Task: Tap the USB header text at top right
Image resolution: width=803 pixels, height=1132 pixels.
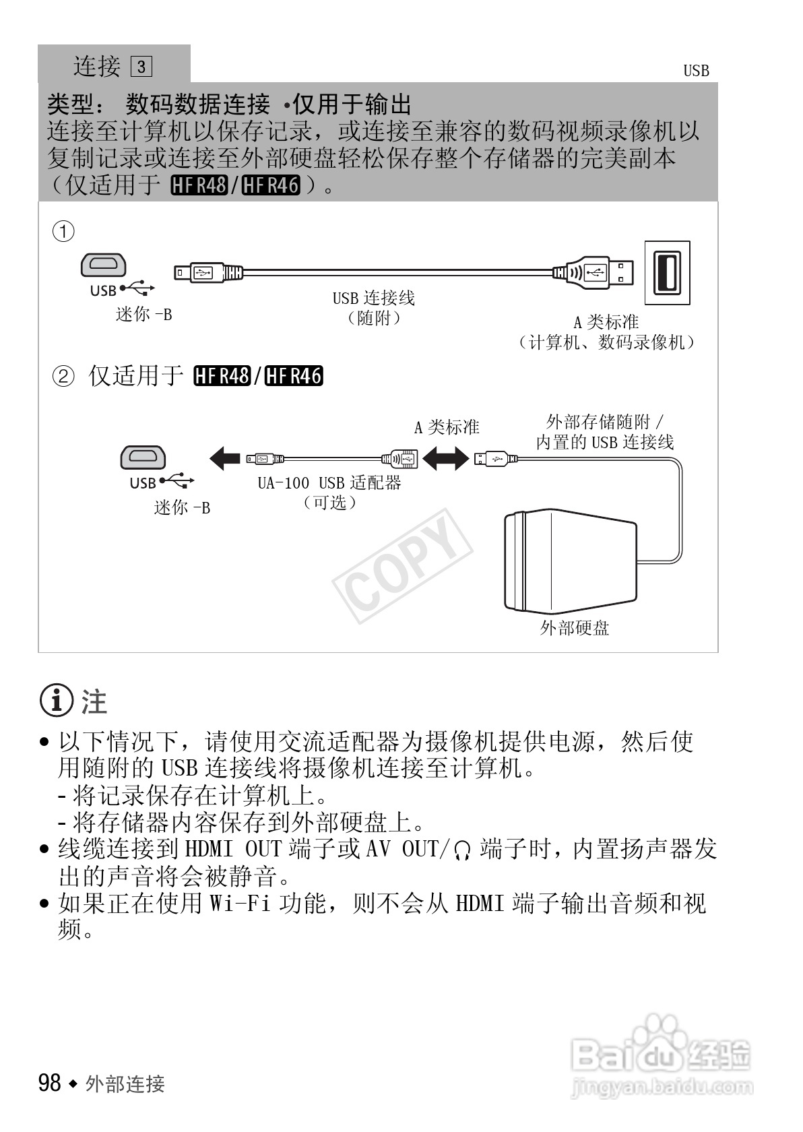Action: (696, 71)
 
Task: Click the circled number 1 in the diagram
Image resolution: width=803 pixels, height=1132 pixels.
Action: (63, 232)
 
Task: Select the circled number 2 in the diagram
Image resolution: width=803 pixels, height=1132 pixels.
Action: (63, 376)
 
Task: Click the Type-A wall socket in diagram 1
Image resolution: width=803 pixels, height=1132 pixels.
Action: (667, 272)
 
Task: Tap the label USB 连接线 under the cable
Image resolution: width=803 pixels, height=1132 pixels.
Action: (373, 298)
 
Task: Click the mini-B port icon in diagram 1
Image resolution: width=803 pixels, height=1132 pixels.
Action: (103, 265)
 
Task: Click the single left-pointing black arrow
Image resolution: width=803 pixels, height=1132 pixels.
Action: (225, 459)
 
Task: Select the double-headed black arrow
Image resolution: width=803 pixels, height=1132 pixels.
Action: (445, 460)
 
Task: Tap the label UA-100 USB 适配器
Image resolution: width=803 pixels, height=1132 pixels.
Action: (329, 483)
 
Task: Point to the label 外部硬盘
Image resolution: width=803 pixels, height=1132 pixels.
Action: (574, 629)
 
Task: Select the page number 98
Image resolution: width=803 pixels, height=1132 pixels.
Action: (50, 1083)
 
